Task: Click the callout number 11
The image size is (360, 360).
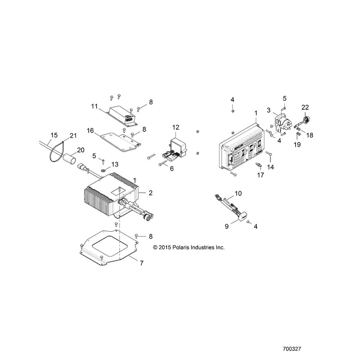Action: point(94,107)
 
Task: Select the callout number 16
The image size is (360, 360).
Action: point(90,130)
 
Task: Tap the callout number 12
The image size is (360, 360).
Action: point(176,127)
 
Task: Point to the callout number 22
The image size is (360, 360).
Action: point(305,107)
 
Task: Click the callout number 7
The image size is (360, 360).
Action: point(142,263)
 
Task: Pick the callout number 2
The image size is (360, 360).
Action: point(151,193)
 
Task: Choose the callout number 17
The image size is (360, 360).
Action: point(261,175)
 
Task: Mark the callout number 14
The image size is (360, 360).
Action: point(270,167)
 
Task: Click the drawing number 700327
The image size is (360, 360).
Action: point(292,349)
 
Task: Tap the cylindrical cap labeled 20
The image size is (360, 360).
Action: point(69,159)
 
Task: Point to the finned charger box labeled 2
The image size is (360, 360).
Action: point(111,195)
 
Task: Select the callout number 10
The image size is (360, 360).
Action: point(238,193)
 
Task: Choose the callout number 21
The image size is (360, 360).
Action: point(73,136)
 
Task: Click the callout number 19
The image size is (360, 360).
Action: point(297,144)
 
